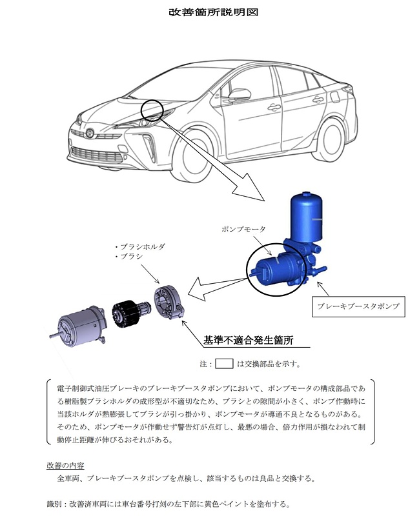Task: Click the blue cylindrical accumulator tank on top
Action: tap(307, 213)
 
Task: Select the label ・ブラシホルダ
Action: tap(139, 247)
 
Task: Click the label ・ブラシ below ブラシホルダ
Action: tap(130, 257)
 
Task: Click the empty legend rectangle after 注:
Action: tap(223, 363)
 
